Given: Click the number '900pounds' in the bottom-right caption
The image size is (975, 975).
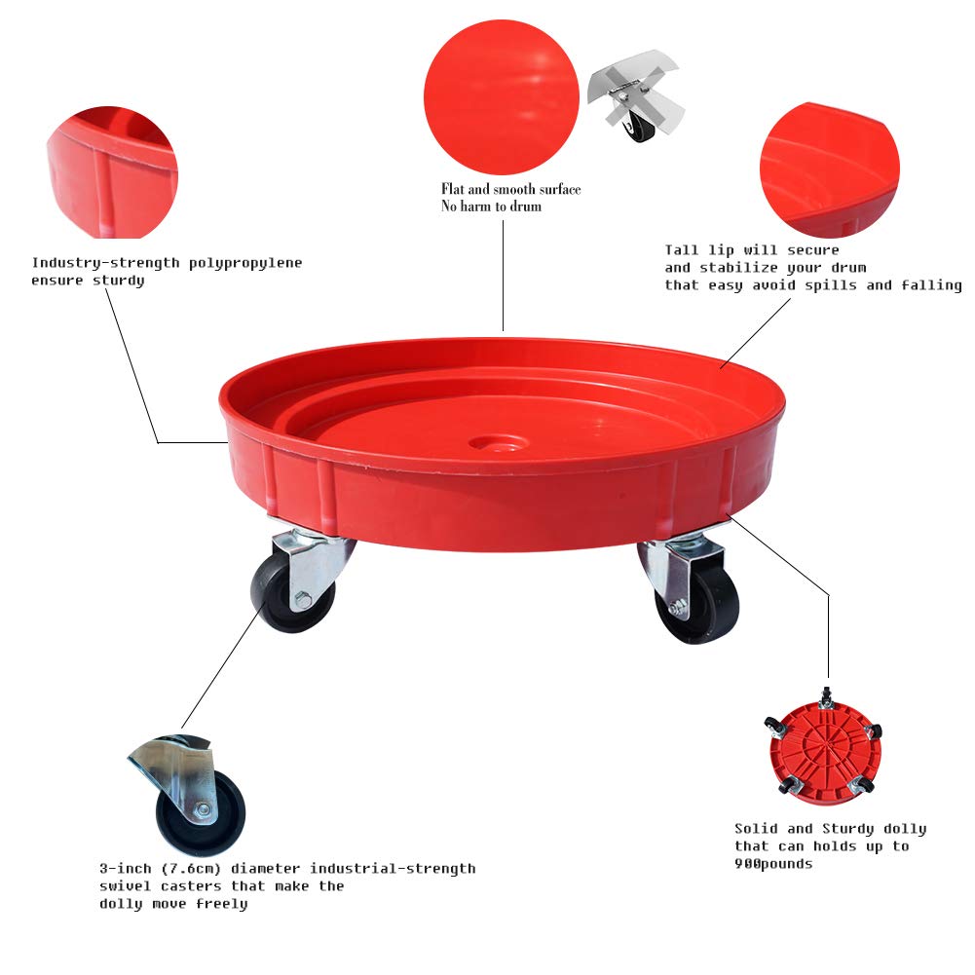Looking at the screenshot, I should coord(773,864).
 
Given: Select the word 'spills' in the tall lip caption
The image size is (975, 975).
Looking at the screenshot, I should coord(836,285).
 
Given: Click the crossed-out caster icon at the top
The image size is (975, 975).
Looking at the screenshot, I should coord(636,104).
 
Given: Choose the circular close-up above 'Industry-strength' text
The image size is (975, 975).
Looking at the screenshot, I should coord(112,172).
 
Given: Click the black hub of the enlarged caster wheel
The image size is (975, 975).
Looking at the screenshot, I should coord(205,809).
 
